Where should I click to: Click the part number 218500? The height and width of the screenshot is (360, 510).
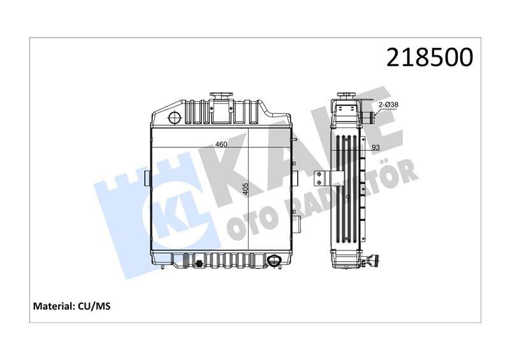tap(429, 57)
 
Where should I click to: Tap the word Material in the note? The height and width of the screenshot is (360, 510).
tap(54, 306)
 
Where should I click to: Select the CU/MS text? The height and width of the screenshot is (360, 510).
tap(94, 306)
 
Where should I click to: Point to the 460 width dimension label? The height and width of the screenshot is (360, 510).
tap(221, 144)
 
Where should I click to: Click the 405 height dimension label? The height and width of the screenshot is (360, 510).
tap(245, 189)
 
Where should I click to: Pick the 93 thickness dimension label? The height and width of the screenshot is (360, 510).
tap(375, 148)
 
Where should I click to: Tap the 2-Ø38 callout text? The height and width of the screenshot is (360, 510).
tap(388, 104)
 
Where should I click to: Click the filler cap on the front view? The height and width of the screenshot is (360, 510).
tap(221, 96)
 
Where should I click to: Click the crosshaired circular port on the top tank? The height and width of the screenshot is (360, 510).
tap(175, 117)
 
